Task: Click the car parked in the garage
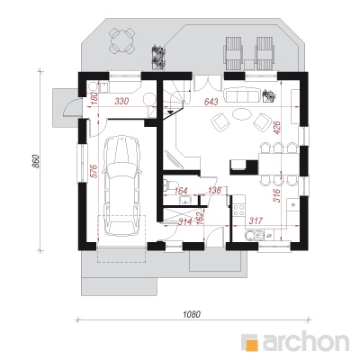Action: (121, 186)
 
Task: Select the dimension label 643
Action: (211, 102)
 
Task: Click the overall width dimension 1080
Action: (192, 314)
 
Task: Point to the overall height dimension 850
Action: (35, 162)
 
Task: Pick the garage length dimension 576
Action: (94, 171)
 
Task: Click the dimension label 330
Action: (121, 102)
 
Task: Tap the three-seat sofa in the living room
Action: (241, 95)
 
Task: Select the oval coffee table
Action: (241, 114)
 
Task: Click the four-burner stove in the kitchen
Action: (239, 210)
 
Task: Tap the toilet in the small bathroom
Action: (167, 185)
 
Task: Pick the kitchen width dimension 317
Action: (256, 220)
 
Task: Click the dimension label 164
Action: (181, 191)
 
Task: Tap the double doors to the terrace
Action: (208, 84)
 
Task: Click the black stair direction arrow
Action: (170, 112)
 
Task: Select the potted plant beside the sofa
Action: (269, 96)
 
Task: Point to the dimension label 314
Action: (184, 221)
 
